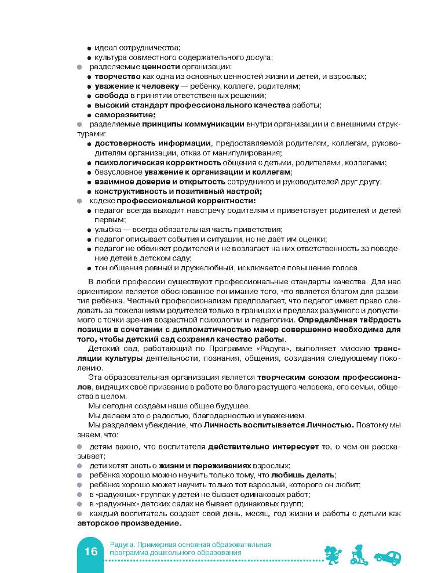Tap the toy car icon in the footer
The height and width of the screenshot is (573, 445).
[x=388, y=555]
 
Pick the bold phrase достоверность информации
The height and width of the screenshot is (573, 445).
[x=152, y=143]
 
